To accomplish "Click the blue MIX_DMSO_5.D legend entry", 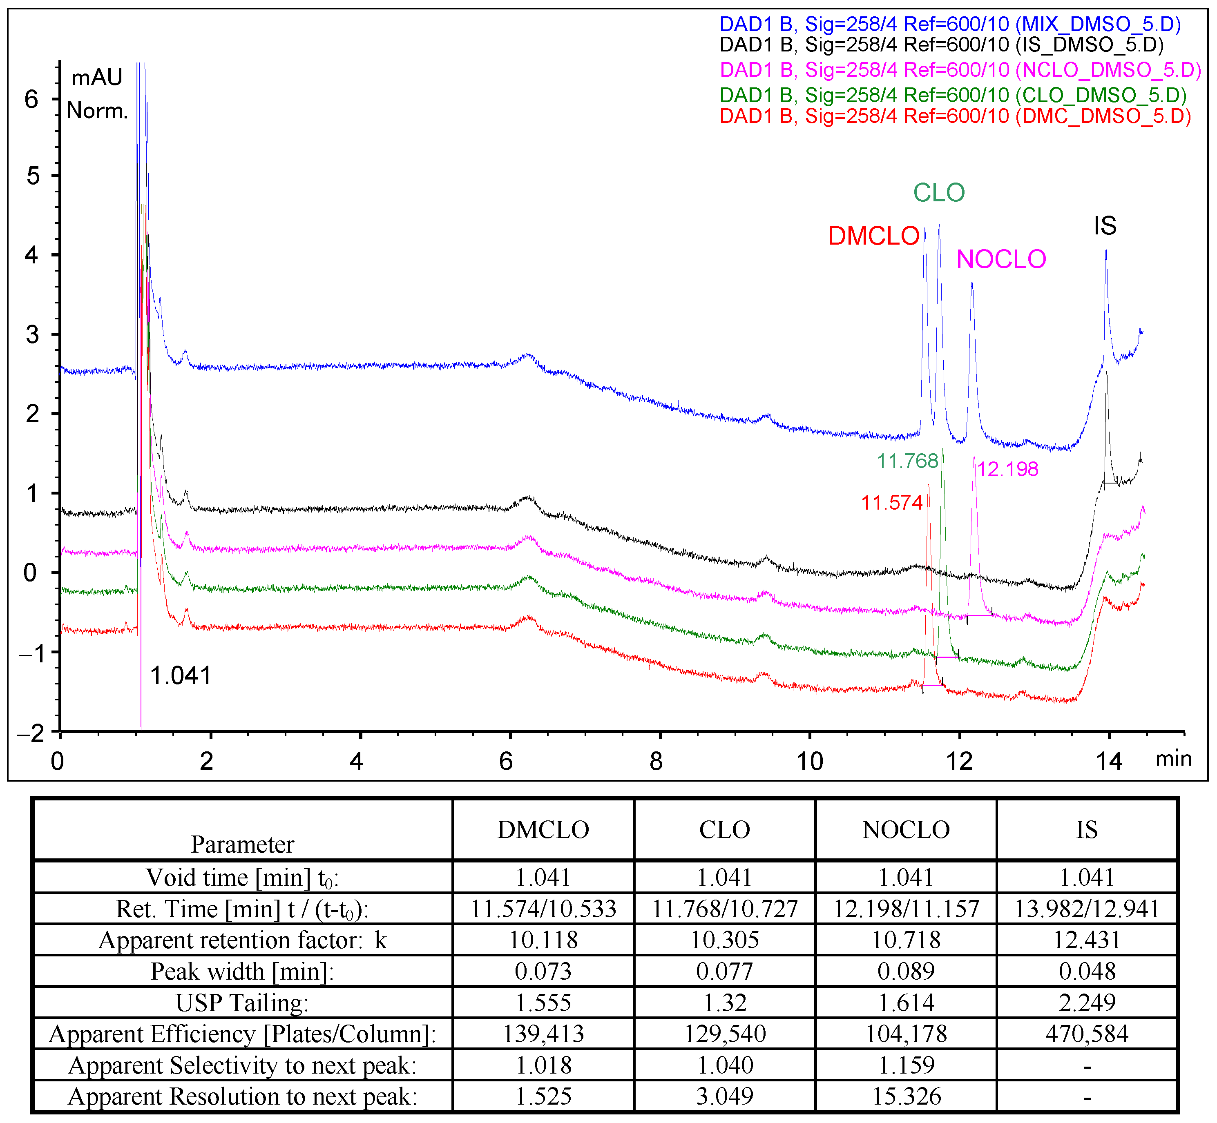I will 949,25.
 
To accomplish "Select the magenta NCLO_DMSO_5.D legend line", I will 960,70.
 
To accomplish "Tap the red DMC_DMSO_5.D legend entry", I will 954,116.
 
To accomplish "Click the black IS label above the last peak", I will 1105,226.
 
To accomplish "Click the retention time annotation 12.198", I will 1007,469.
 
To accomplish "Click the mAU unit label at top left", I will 97,78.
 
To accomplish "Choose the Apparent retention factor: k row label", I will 242,940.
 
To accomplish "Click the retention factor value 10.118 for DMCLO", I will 543,940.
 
